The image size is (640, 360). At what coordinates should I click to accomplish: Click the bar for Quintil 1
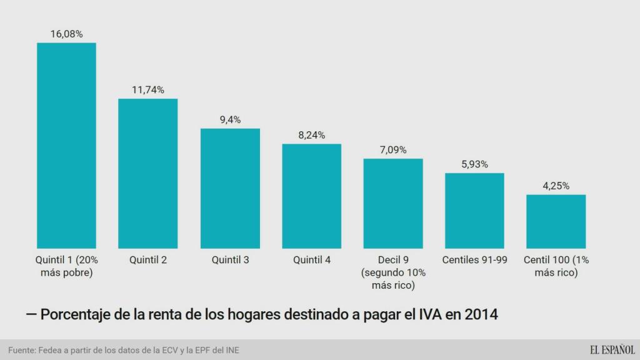(x=66, y=145)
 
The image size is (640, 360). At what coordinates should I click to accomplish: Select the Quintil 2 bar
(x=148, y=173)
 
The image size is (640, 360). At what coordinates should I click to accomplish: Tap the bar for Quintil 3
(x=230, y=188)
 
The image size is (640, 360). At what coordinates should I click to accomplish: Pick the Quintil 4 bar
(x=311, y=196)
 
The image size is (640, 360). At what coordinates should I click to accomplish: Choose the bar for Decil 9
(x=393, y=203)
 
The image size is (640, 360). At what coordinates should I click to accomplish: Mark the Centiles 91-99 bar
(x=474, y=210)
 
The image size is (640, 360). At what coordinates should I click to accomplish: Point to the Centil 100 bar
(x=556, y=221)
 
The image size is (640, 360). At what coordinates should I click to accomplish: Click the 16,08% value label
(x=66, y=34)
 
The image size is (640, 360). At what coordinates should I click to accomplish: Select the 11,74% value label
(x=148, y=90)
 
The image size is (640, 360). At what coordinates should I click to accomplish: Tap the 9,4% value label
(x=230, y=120)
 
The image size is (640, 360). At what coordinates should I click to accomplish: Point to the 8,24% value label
(x=311, y=135)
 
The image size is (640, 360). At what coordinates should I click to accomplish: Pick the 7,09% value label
(x=393, y=150)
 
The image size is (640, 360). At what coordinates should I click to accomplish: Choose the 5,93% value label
(x=474, y=164)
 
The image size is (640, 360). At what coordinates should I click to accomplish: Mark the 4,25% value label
(x=556, y=186)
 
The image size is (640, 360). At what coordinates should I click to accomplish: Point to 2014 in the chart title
(x=481, y=314)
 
